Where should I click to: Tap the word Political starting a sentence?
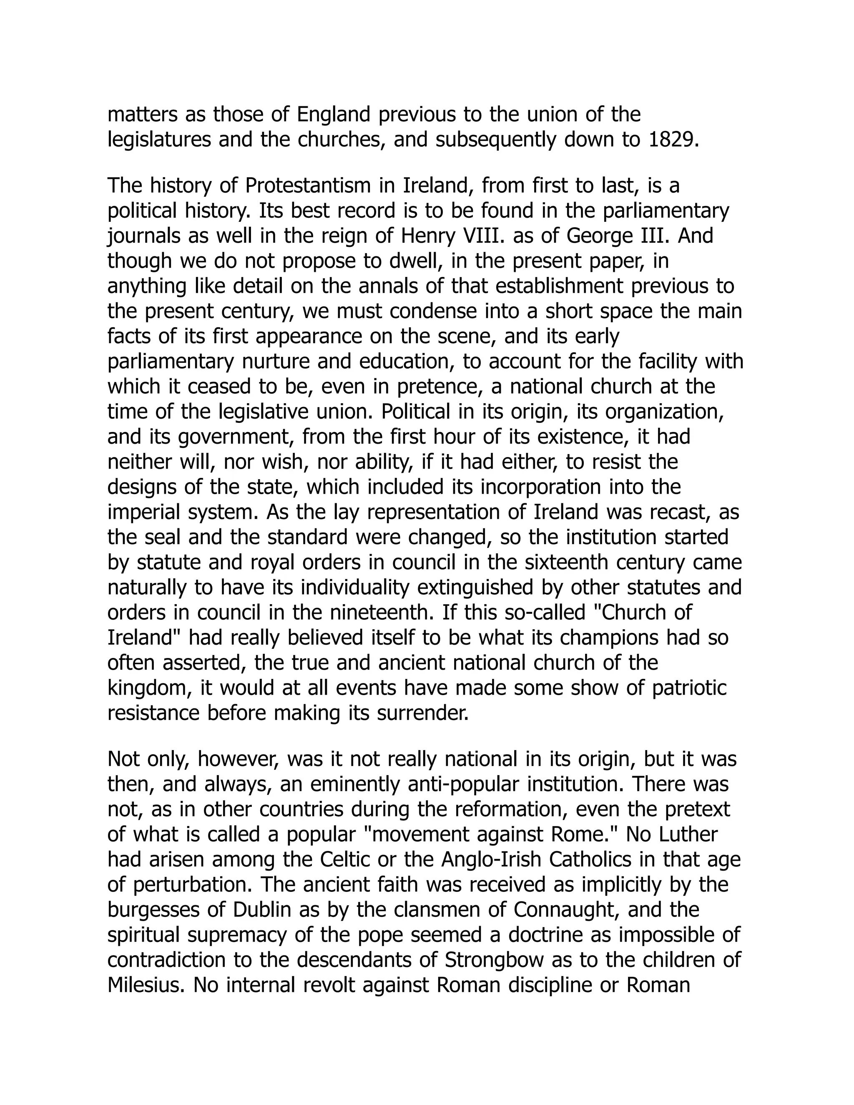pyautogui.click(x=415, y=411)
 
